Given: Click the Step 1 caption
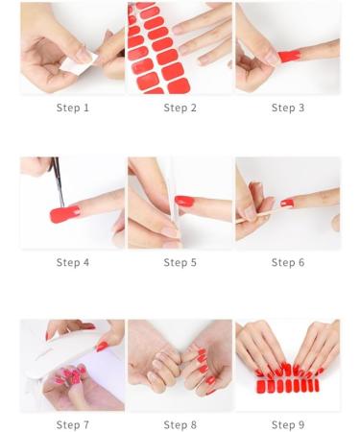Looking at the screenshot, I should pos(72,108).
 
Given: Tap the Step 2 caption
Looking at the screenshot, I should pos(180,108).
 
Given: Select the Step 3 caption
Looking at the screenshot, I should pos(287,108).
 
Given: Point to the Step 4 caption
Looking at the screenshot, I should pos(72,262).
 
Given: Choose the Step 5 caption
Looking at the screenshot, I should pos(180,262).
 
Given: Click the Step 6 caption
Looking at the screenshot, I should pos(287,262).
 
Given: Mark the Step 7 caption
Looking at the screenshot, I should pos(72,424).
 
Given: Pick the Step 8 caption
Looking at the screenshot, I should pos(180,424).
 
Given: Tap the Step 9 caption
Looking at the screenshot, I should pos(287,424).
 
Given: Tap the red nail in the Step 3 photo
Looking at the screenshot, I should pos(289,56).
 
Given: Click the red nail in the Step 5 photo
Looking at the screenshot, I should pos(184,201).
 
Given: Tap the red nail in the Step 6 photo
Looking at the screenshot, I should pos(288,203).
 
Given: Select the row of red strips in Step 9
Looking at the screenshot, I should pos(287,386).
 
